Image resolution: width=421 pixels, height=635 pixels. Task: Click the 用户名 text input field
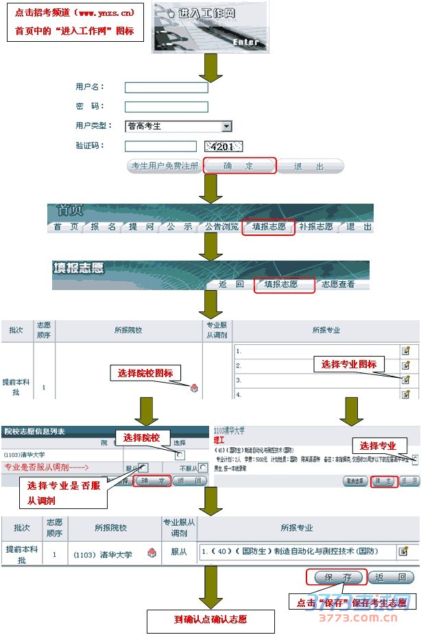(x=166, y=87)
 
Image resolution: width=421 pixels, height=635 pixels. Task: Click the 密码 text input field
(x=166, y=106)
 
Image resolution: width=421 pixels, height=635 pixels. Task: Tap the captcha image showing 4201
(x=224, y=146)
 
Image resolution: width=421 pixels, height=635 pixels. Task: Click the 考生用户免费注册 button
(x=164, y=166)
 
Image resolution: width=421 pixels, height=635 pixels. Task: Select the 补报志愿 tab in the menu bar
(x=315, y=227)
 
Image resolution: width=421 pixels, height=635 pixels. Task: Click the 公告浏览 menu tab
(x=221, y=227)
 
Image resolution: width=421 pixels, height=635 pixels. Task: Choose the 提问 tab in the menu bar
(x=142, y=227)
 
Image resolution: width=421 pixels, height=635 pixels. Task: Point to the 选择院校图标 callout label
(x=145, y=373)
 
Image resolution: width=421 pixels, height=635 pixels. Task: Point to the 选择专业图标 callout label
(x=349, y=364)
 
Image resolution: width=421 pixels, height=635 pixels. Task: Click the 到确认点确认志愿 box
(x=210, y=619)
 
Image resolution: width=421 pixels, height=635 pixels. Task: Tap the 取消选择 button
(x=355, y=481)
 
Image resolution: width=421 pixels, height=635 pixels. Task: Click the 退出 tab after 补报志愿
(x=359, y=227)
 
